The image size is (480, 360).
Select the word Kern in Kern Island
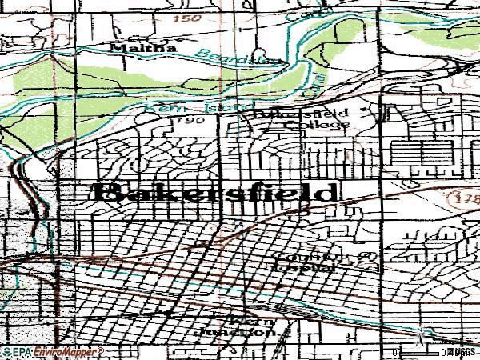click(158, 106)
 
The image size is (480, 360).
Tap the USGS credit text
click(464, 350)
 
